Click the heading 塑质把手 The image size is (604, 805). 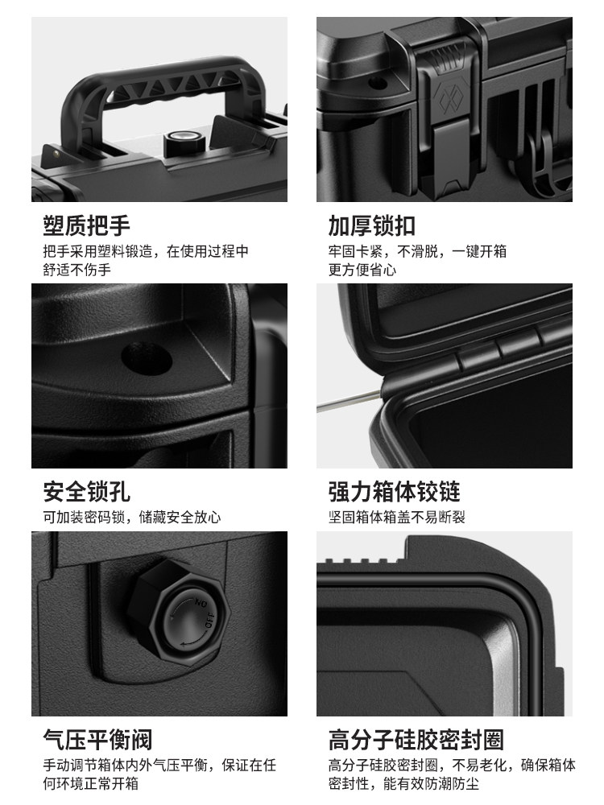[86, 225]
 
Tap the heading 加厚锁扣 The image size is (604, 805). [371, 225]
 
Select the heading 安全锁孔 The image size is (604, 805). [86, 490]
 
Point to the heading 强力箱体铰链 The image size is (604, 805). [394, 490]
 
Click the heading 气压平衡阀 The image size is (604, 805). [97, 740]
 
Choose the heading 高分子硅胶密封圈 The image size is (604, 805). [416, 740]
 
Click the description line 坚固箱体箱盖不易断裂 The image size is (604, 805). [396, 518]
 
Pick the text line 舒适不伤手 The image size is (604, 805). [77, 270]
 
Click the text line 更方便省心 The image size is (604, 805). [362, 270]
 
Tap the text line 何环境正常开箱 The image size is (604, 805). [93, 783]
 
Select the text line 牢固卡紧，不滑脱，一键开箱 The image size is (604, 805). [417, 251]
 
